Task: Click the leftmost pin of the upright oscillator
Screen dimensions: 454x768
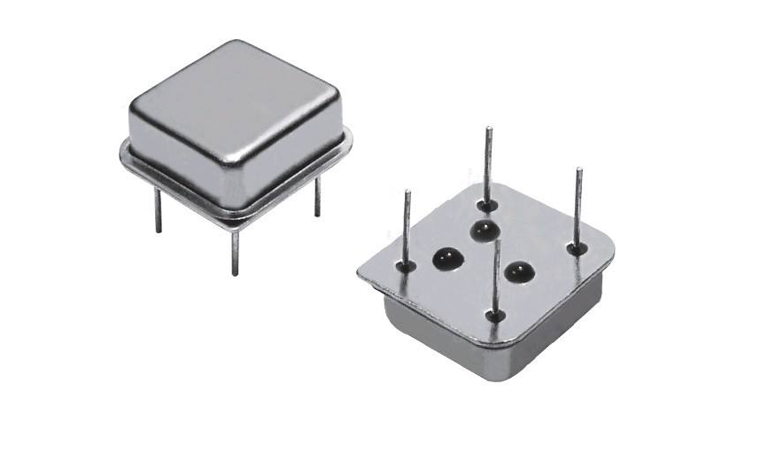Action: pos(158,213)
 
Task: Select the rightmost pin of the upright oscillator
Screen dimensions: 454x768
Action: pos(317,197)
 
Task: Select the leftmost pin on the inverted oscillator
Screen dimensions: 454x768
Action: pos(407,226)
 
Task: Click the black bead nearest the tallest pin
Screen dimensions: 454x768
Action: pos(483,231)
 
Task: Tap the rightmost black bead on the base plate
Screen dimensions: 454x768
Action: pos(516,272)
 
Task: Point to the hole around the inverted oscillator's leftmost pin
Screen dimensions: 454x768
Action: pos(406,264)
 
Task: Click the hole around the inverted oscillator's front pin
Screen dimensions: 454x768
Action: pos(496,316)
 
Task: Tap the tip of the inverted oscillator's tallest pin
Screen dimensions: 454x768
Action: pos(488,129)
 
